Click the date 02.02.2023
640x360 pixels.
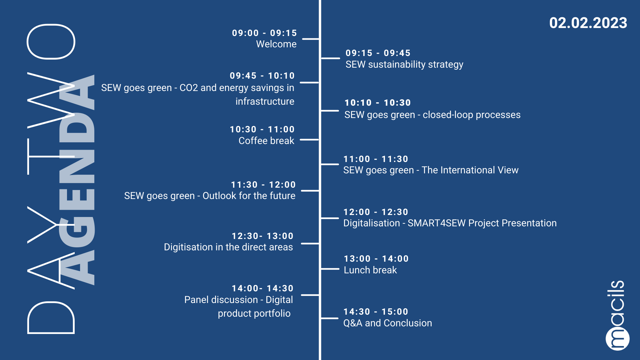tap(588, 23)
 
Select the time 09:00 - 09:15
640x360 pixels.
tap(264, 33)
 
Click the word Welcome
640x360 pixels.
tap(276, 44)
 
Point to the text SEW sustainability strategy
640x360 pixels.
tap(404, 64)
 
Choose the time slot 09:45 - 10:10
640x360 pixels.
tap(262, 76)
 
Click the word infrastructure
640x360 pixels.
tap(265, 101)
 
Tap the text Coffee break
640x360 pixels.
tap(266, 141)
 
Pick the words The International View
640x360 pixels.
tap(470, 170)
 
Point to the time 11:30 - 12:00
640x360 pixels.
tap(263, 185)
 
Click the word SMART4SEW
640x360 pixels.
tap(436, 223)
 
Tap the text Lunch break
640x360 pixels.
tap(370, 270)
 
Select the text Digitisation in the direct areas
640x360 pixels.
tap(228, 247)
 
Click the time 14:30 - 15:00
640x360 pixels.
tap(376, 312)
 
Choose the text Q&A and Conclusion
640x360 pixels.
tap(388, 323)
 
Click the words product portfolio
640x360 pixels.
tap(254, 313)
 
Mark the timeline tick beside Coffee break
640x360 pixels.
tap(309, 140)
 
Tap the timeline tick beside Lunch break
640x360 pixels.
tap(330, 269)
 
